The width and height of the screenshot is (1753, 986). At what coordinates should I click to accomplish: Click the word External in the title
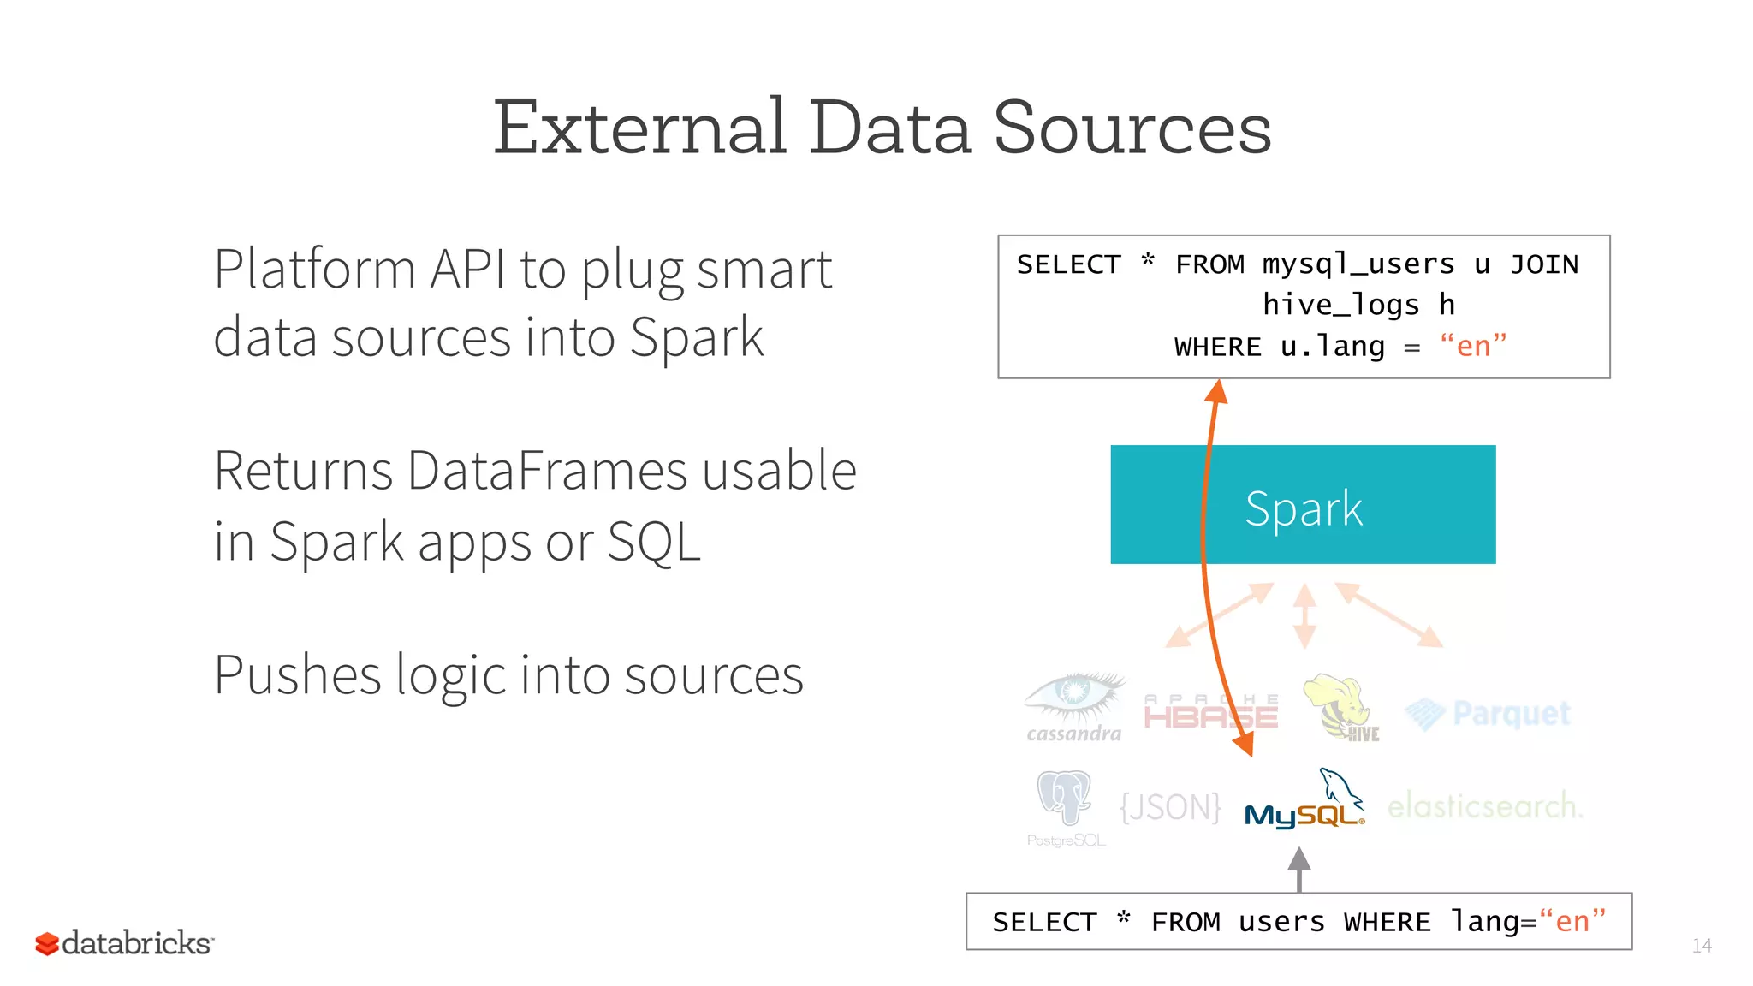639,128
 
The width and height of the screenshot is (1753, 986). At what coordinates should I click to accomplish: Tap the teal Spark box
1302,505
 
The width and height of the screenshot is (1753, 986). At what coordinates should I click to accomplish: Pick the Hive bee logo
1340,707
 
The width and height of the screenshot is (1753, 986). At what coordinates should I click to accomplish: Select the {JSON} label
1170,806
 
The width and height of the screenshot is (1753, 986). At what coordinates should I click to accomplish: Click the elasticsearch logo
1484,806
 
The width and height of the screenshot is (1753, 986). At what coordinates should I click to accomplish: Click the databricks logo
125,943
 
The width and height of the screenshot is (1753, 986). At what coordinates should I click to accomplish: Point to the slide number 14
1701,946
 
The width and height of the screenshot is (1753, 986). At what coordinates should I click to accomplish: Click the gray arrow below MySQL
1298,870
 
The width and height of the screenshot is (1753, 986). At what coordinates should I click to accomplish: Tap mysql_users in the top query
1358,264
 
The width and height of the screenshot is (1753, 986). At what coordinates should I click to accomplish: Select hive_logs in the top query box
1340,305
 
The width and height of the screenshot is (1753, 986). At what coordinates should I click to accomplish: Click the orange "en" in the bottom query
1572,922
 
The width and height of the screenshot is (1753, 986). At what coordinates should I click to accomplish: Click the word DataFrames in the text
547,471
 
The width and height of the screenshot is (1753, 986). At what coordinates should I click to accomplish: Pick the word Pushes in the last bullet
297,676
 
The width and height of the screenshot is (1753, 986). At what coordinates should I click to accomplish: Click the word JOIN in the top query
1543,264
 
